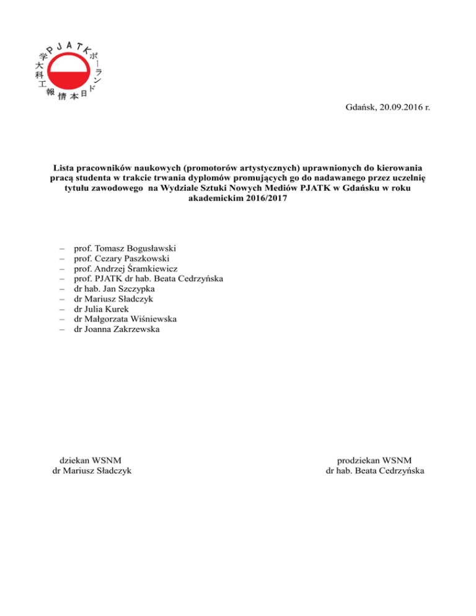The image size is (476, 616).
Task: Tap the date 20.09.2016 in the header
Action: (399, 108)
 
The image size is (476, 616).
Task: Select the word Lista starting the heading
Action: (64, 167)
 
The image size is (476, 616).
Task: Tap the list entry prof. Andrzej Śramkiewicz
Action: (125, 269)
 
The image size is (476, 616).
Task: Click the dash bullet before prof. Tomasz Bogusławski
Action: (63, 249)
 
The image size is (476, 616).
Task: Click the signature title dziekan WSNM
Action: (90, 460)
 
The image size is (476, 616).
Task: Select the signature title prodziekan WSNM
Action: (374, 460)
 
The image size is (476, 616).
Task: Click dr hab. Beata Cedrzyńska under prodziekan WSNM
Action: (375, 470)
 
